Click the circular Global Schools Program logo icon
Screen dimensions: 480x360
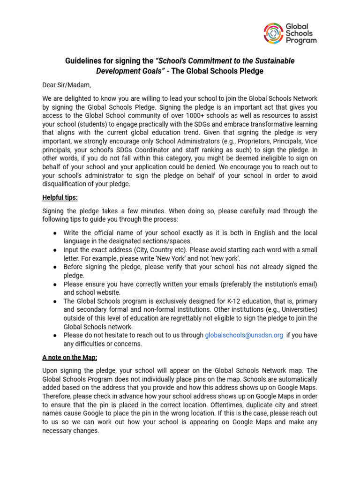(x=273, y=33)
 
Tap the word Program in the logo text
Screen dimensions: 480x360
(x=301, y=41)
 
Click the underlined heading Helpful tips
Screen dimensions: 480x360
(x=60, y=197)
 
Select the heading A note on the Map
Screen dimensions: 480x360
(x=69, y=357)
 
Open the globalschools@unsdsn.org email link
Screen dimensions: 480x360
(x=244, y=335)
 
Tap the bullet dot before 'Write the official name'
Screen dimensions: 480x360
(x=55, y=233)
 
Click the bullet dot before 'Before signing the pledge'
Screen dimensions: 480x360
(x=55, y=267)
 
